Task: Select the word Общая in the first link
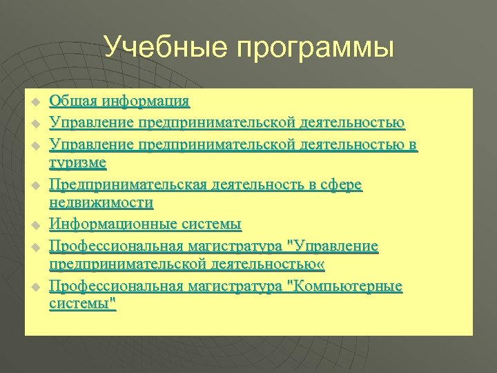(73, 102)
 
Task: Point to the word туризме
(78, 163)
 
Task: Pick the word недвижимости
(101, 203)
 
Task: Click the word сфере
(341, 185)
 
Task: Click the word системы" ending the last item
(83, 305)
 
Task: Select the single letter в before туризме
(413, 144)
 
